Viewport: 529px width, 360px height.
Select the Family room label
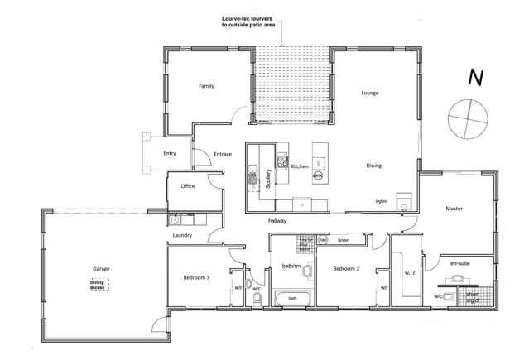206,86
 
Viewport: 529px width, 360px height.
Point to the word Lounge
369,93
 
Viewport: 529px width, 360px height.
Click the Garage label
101,269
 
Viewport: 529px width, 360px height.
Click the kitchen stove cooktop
282,161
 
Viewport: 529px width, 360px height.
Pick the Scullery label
268,180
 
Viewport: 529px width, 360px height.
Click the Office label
187,186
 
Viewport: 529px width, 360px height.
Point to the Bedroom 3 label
195,278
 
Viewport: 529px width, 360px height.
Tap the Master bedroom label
453,208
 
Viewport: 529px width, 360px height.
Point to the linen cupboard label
343,241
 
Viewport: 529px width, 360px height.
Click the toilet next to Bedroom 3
257,297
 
